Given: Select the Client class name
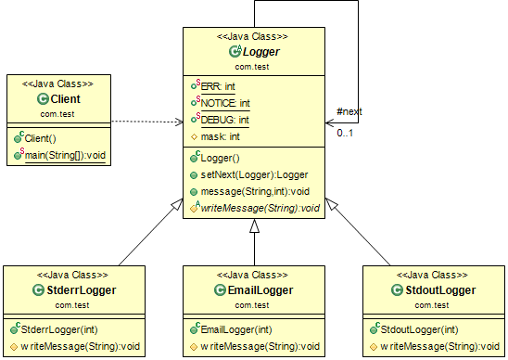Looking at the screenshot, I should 66,98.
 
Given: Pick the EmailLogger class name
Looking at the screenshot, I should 260,290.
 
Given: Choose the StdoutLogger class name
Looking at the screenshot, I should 441,290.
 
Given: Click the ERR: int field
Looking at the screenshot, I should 218,86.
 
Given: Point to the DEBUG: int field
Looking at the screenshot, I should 225,119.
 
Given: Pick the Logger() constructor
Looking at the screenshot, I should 221,158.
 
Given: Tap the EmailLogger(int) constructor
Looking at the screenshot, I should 238,328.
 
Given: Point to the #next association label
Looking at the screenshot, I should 349,111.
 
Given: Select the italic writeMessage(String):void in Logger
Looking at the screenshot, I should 259,208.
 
